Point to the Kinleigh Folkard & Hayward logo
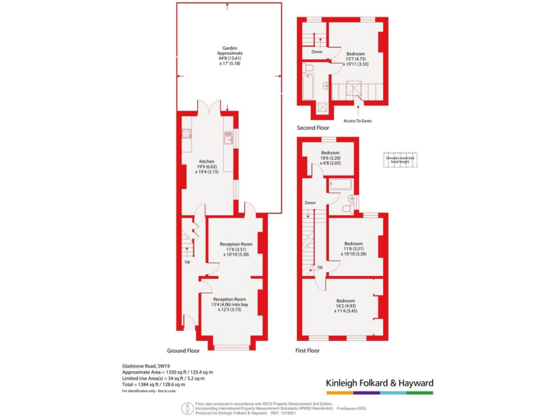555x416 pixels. click(x=377, y=383)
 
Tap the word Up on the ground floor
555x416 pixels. click(x=187, y=261)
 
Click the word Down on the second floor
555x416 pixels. click(x=317, y=52)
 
